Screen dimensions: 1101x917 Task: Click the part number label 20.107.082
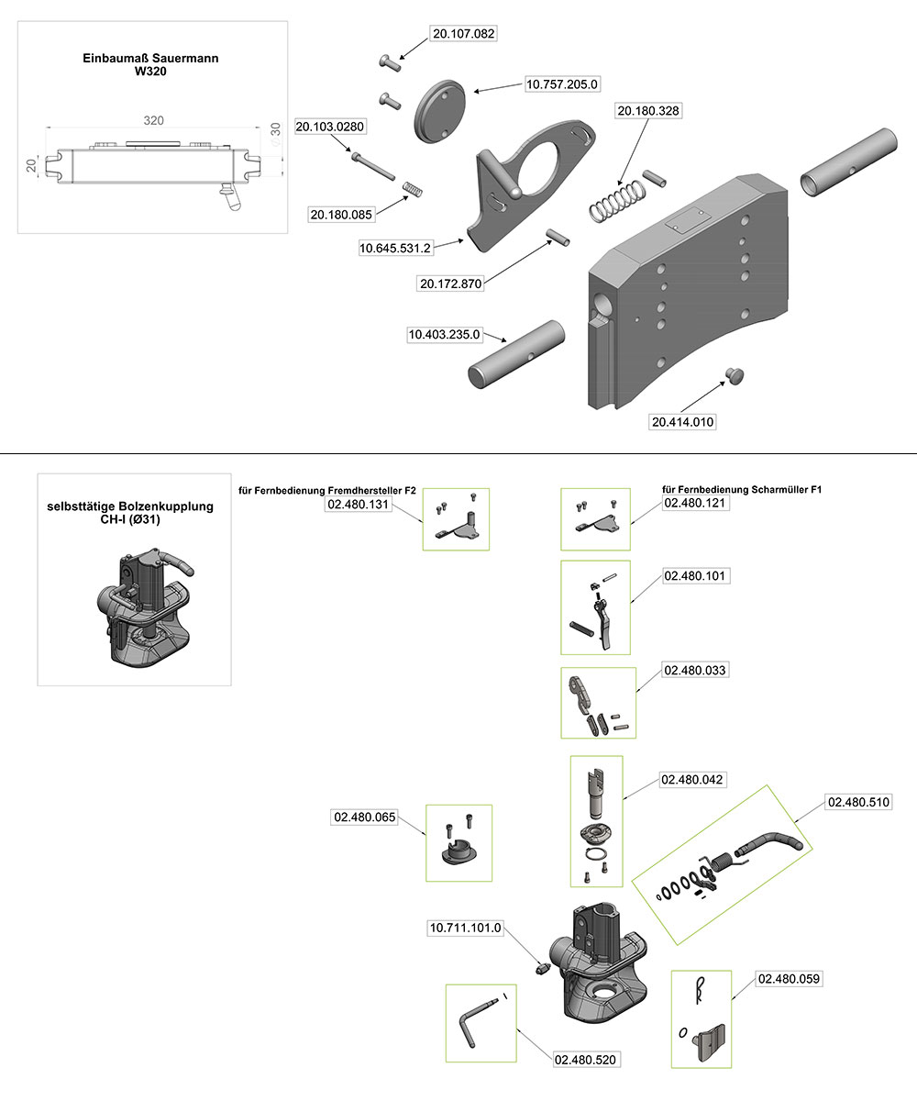[x=463, y=34]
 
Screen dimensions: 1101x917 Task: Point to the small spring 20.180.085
[x=414, y=191]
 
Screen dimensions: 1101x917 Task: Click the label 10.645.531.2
[x=395, y=247]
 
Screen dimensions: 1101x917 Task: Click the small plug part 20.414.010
[x=735, y=374]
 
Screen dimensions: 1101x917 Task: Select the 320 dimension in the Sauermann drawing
[x=154, y=120]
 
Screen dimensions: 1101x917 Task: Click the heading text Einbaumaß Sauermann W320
[x=151, y=64]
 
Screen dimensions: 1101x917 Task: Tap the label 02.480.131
[x=359, y=504]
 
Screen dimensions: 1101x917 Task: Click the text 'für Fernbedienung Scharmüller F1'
[x=741, y=490]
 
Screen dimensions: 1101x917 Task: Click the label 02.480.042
[x=692, y=780]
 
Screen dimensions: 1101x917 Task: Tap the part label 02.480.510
[x=858, y=802]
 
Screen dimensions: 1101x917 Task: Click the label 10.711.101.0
[x=466, y=928]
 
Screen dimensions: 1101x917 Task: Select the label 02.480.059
[x=789, y=979]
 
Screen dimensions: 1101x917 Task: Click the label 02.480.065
[x=364, y=816]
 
